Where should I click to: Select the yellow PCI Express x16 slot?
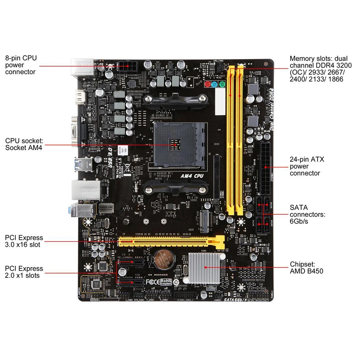pyautogui.click(x=169, y=240)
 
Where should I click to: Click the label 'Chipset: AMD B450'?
pyautogui.click(x=306, y=268)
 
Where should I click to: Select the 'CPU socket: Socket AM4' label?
pyautogui.click(x=24, y=144)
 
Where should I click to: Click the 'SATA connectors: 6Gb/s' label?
pyautogui.click(x=307, y=214)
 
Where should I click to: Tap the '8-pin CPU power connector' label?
pyautogui.click(x=21, y=65)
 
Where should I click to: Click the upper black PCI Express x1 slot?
pyautogui.click(x=131, y=262)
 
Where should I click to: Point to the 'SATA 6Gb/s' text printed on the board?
pyautogui.click(x=235, y=299)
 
